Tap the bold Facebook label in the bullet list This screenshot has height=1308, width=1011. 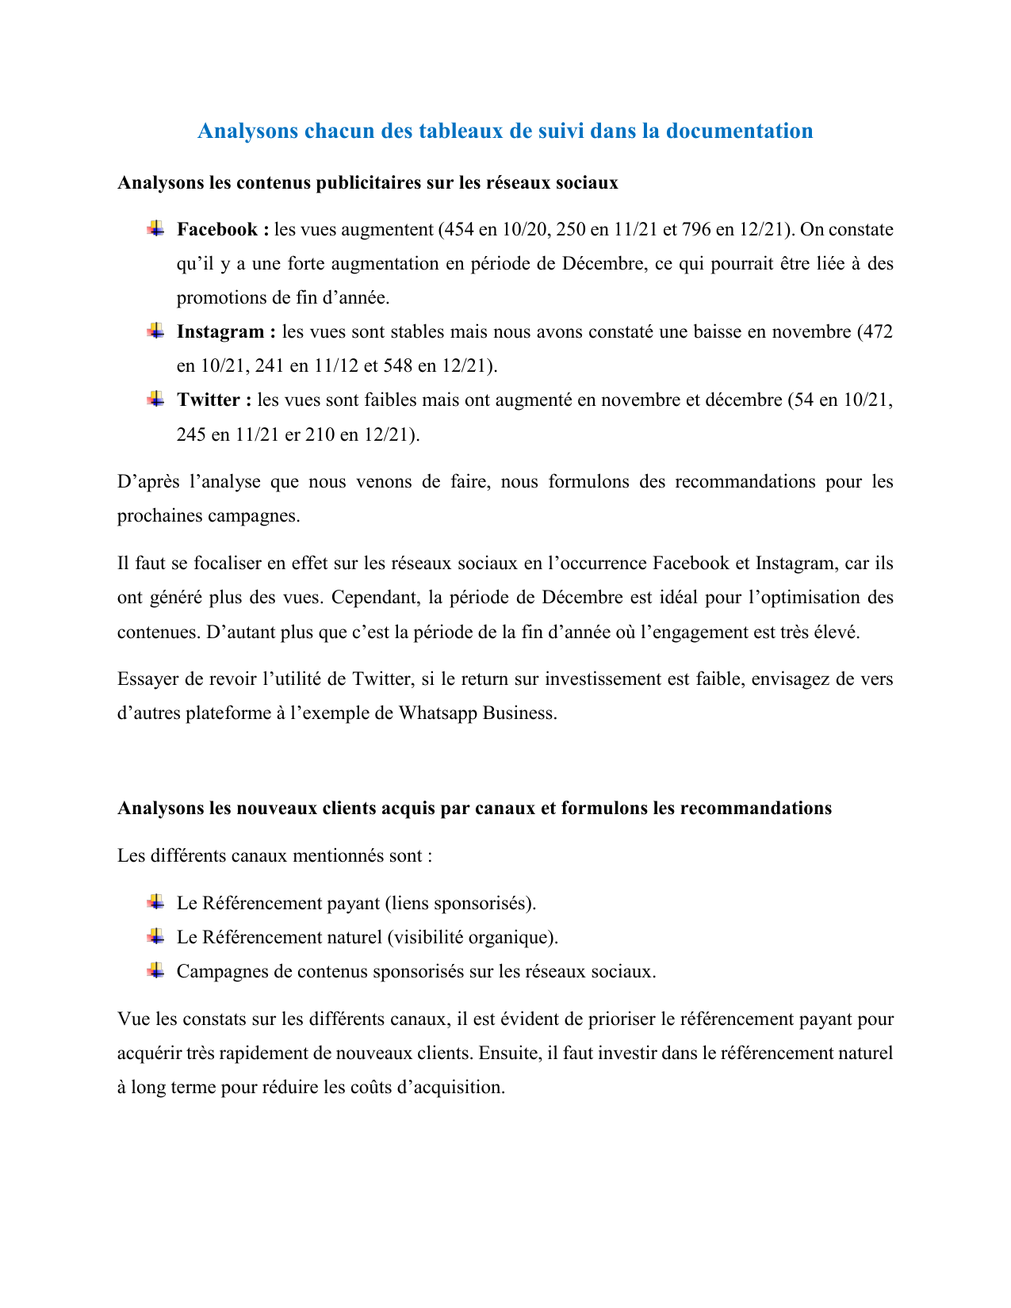point(217,230)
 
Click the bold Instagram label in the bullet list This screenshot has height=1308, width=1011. point(221,332)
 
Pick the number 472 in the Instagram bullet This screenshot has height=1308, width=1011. point(877,332)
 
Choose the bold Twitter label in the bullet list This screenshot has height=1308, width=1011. point(209,400)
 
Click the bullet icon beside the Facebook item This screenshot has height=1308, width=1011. point(155,229)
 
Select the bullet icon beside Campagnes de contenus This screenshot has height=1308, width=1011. point(155,970)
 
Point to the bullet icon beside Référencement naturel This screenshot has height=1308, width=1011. point(155,936)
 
